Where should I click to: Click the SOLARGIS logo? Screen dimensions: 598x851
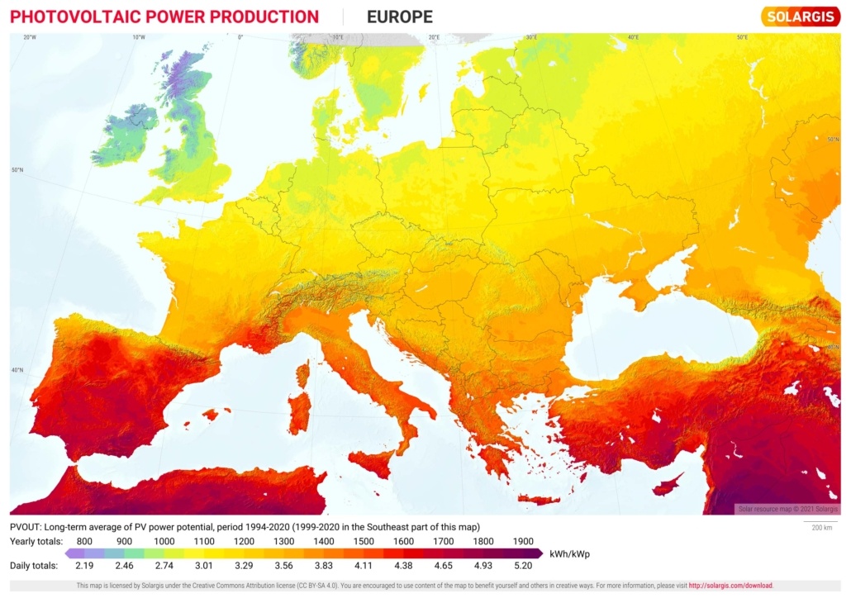point(801,17)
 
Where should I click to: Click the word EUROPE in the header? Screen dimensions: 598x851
point(399,17)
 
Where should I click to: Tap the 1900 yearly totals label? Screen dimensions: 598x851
point(522,541)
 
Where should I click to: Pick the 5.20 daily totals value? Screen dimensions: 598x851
point(522,566)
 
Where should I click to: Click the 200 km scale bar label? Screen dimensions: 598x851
point(821,527)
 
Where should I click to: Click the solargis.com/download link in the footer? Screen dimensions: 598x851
point(730,586)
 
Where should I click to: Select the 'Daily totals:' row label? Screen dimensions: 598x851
point(34,566)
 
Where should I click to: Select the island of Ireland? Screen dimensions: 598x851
point(124,136)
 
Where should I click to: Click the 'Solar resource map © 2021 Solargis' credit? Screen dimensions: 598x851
point(787,509)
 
